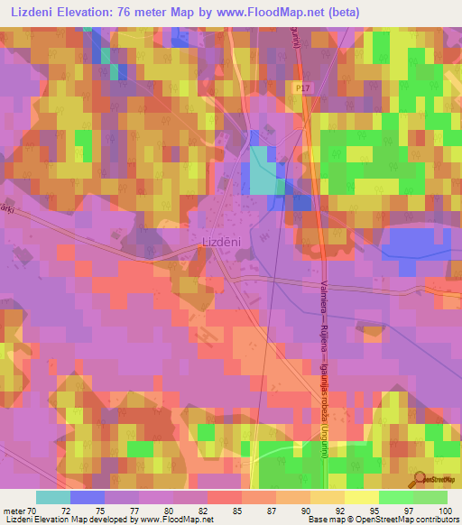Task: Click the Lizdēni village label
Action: pyautogui.click(x=219, y=242)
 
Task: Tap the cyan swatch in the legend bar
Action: pyautogui.click(x=53, y=497)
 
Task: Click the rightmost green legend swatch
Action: pyautogui.click(x=430, y=497)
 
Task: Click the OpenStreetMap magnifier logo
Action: pyautogui.click(x=420, y=478)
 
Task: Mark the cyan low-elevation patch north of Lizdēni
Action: pyautogui.click(x=263, y=171)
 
